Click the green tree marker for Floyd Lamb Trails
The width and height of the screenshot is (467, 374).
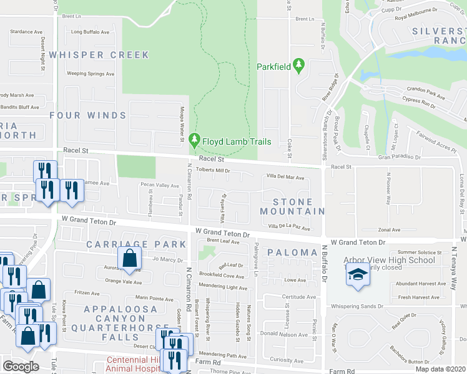coord(195,141)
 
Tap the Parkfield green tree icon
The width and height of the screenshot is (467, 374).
coord(299,65)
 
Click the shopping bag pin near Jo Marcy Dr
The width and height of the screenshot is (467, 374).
coord(129,258)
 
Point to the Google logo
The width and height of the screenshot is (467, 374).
coord(21,367)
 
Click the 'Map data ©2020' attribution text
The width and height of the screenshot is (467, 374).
coord(440,369)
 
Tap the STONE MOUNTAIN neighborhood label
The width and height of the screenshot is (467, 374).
coord(292,206)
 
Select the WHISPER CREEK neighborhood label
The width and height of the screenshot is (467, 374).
coord(99,55)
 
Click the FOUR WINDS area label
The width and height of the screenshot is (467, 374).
coord(88,115)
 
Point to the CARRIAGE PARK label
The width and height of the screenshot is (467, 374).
coord(136,244)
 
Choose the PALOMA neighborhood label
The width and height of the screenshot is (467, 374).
coord(292,252)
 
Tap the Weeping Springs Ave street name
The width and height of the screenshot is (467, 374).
coord(91,74)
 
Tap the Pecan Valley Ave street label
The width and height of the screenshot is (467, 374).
coord(159,185)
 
